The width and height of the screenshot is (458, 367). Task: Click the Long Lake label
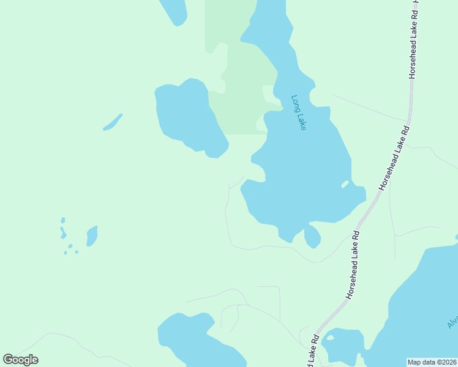point(299,113)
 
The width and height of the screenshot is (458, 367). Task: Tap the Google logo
point(20,360)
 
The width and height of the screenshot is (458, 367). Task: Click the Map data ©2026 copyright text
point(432,361)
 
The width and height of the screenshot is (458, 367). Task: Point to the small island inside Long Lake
point(345,183)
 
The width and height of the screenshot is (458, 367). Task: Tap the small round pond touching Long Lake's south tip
point(312,236)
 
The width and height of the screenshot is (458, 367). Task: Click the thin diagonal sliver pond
point(113,122)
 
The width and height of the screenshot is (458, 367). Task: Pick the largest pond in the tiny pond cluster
point(92,235)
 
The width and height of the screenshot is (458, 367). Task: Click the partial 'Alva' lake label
point(452,322)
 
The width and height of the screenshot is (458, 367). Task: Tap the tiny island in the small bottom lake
point(330,338)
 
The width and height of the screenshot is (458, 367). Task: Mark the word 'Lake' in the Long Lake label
point(301,122)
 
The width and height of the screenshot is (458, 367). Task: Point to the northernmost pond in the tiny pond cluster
point(63,220)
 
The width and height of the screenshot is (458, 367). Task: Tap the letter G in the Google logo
point(8,360)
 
